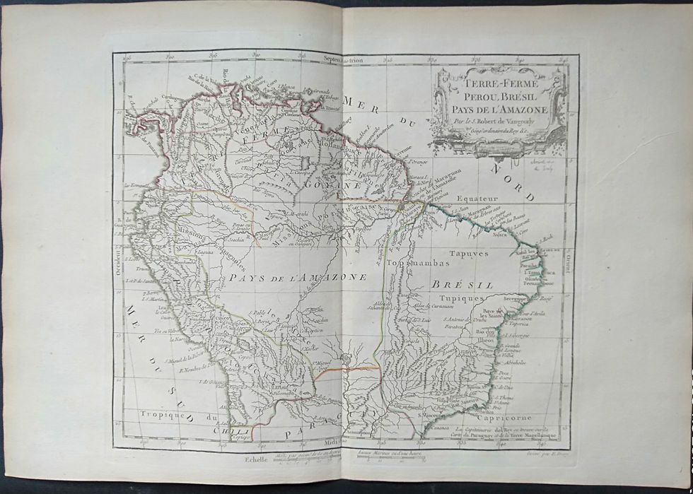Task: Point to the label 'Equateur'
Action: pos(478,199)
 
